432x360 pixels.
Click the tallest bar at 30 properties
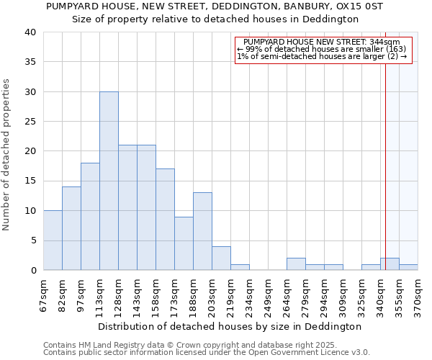coord(109,181)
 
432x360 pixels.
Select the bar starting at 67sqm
coord(53,240)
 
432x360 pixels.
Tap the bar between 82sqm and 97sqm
coord(71,228)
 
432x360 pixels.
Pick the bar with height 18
coord(90,217)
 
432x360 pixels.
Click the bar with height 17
coord(165,220)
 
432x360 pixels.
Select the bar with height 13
coord(202,231)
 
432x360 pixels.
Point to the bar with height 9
coord(184,243)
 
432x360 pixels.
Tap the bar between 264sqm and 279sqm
coord(296,264)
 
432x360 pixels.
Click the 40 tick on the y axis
coord(31,32)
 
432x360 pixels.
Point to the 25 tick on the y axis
coord(31,122)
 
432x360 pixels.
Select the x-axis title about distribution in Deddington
coord(229,326)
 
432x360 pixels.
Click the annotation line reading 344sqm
coord(322,42)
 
